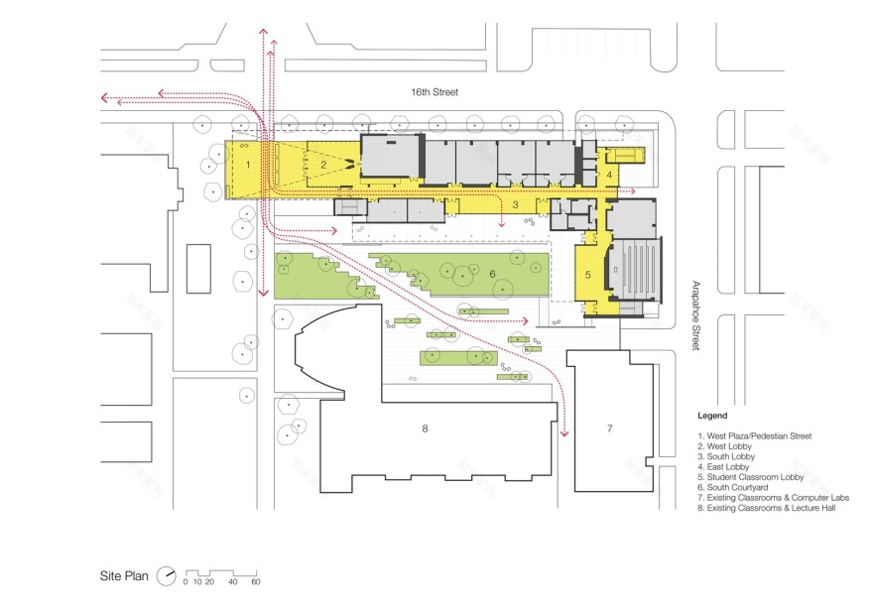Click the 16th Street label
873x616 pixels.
[436, 92]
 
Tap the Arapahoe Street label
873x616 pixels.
[696, 314]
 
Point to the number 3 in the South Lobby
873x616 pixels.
[517, 205]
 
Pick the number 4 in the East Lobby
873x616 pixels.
[609, 175]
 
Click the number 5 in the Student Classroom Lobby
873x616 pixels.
[586, 274]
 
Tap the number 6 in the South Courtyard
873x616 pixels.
[491, 274]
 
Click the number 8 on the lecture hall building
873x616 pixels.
[425, 429]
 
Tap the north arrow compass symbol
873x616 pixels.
[169, 575]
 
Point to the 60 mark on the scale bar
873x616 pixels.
[255, 582]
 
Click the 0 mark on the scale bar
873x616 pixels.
[186, 582]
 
